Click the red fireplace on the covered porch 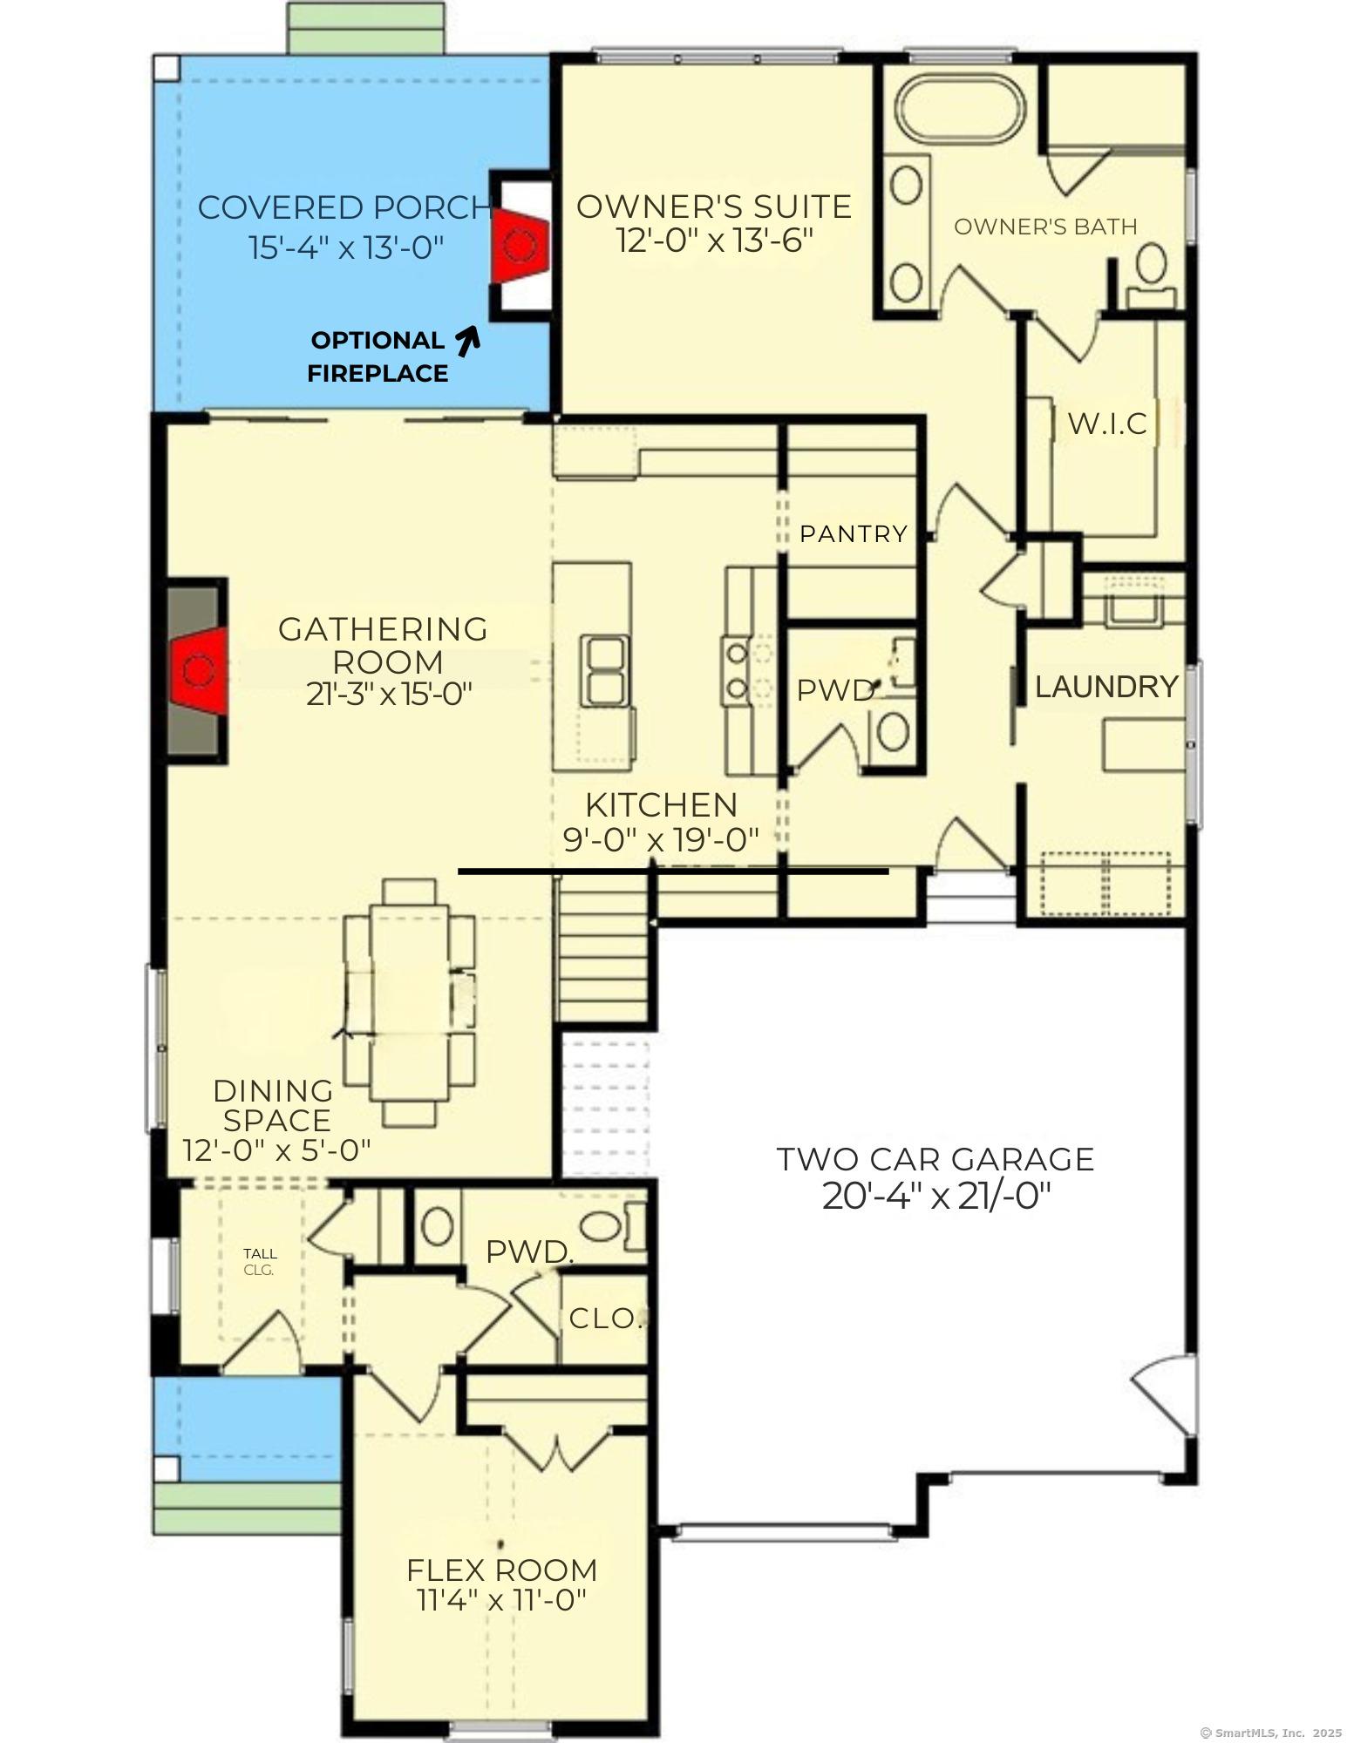click(x=520, y=245)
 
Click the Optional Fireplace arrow click(x=469, y=341)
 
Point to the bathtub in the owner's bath click(x=960, y=108)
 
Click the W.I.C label click(x=1107, y=424)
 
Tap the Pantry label click(x=854, y=533)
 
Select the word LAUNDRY click(x=1106, y=687)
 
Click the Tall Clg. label click(x=260, y=1261)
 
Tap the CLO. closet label click(x=606, y=1319)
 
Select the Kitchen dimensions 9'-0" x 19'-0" click(x=661, y=840)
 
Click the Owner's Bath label click(x=1045, y=227)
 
